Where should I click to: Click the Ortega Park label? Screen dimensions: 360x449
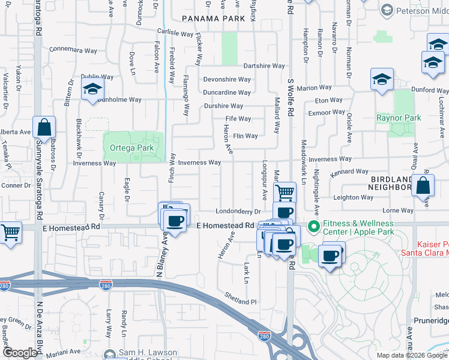[x=128, y=148]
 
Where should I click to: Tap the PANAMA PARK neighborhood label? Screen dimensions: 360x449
[x=214, y=19]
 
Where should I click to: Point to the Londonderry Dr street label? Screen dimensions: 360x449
[x=238, y=211]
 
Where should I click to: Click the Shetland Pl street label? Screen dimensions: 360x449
[x=241, y=302]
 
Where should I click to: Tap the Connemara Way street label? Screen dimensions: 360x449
[x=73, y=50]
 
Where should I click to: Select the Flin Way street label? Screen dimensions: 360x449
[x=246, y=136]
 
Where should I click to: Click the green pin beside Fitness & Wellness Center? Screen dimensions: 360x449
[x=313, y=227]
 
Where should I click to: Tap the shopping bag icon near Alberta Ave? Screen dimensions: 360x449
[x=44, y=127]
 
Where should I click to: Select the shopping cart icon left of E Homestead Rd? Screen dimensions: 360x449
[x=10, y=232]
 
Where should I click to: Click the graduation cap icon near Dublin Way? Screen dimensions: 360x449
[x=92, y=89]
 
